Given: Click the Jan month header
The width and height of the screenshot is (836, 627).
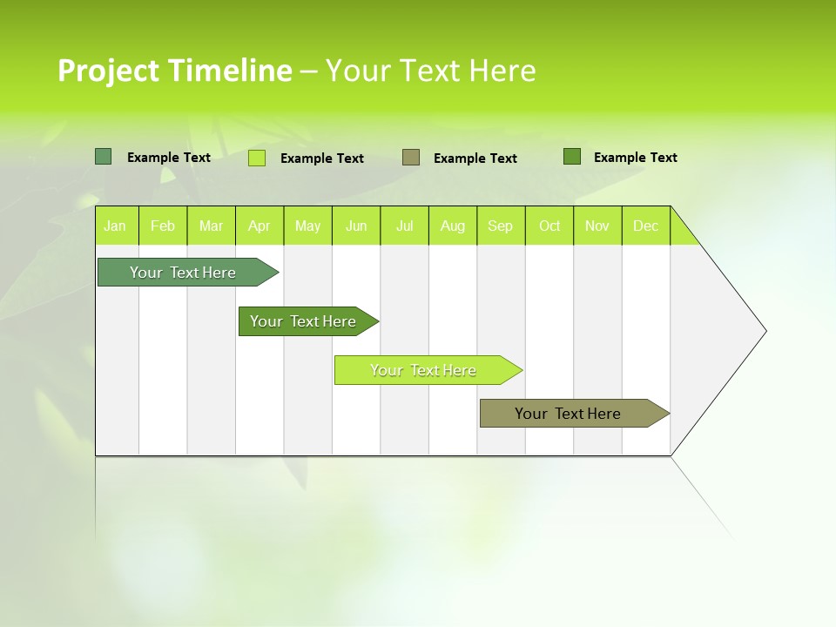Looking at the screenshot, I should (x=115, y=226).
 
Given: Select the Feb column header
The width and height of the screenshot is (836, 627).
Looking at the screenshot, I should (x=163, y=226).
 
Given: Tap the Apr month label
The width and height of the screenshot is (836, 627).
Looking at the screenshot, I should (x=259, y=226).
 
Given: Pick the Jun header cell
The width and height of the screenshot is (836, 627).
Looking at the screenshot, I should (x=356, y=226).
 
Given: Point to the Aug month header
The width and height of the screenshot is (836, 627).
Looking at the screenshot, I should (x=452, y=226).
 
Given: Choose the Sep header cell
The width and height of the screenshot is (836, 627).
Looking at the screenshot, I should (x=500, y=226).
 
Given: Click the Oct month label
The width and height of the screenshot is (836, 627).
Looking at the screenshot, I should (x=549, y=226).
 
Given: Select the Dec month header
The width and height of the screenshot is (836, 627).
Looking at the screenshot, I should (x=645, y=226).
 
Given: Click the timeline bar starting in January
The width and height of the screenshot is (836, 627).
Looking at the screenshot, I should (x=183, y=273).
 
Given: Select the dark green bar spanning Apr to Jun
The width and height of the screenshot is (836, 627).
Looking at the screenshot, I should (x=303, y=321).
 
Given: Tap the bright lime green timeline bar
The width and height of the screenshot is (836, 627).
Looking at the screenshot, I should (x=423, y=370).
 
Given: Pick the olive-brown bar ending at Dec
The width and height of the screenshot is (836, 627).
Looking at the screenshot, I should (x=568, y=414).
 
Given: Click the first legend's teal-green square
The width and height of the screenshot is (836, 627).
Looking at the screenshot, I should (x=103, y=157).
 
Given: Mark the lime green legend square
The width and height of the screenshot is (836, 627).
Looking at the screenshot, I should (x=257, y=158).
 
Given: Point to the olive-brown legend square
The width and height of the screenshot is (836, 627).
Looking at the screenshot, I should (x=411, y=158).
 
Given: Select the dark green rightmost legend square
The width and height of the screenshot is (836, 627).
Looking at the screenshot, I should (x=571, y=157).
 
